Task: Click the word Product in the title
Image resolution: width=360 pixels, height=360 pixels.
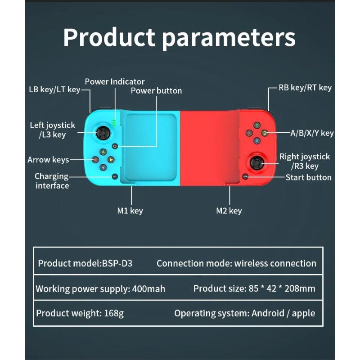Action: (109, 38)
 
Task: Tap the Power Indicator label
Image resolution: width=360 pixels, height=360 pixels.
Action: (115, 81)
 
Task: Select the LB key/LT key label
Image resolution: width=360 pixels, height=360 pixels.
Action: (54, 90)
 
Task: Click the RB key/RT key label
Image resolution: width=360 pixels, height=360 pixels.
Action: (305, 88)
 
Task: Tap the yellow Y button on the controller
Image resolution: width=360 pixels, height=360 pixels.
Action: (256, 125)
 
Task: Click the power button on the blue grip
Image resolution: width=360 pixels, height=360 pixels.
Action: (115, 146)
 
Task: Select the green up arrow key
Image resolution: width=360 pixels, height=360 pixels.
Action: (103, 152)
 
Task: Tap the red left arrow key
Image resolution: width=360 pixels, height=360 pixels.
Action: (95, 159)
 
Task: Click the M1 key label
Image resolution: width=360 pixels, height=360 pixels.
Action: (130, 211)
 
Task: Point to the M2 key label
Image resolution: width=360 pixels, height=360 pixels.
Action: (229, 211)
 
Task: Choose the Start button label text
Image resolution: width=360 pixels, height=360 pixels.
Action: (309, 177)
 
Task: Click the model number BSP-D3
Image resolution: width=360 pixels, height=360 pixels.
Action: (118, 263)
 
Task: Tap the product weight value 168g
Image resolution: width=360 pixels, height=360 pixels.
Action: (114, 313)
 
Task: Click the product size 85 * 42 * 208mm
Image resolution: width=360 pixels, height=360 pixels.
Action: (282, 288)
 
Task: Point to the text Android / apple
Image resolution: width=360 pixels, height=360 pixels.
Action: (283, 313)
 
